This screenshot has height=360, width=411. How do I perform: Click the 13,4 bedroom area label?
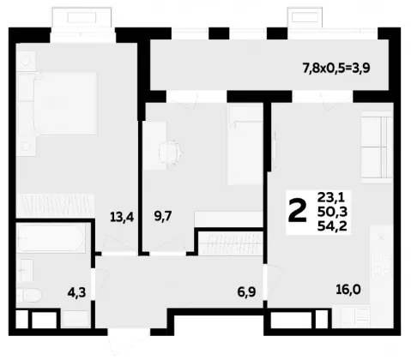[x=122, y=218]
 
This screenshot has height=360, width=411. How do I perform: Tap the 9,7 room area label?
[x=163, y=217]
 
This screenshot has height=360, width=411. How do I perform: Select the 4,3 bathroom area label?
[x=76, y=292]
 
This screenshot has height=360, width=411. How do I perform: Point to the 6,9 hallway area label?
[x=246, y=292]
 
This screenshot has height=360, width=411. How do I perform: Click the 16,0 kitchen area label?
[x=348, y=290]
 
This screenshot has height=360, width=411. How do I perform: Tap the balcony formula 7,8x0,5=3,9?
[x=336, y=69]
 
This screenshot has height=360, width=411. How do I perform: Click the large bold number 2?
[x=298, y=211]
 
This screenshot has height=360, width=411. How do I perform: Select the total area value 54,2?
[x=332, y=226]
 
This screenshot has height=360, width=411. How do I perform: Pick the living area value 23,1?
[x=331, y=197]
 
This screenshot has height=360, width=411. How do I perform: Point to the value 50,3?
[x=332, y=212]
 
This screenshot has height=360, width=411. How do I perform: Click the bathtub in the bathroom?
[x=51, y=237]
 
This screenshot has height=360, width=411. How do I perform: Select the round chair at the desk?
[x=171, y=152]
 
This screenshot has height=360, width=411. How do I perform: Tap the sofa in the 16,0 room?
[x=377, y=147]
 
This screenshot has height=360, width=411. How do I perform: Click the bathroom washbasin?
[x=25, y=271]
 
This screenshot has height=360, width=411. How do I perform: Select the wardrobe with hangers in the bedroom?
[x=55, y=205]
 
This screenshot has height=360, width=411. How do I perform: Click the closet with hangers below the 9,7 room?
[x=231, y=243]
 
